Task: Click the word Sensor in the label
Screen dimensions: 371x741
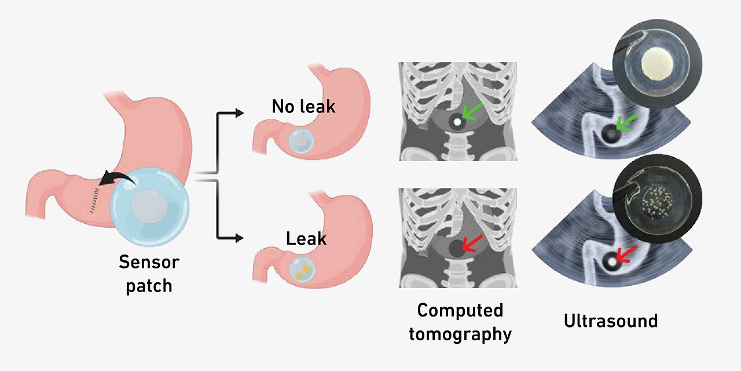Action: tap(149, 262)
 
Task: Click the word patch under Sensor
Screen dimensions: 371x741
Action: tap(149, 286)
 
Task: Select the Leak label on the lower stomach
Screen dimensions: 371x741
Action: tap(306, 238)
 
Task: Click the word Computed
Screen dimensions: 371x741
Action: tap(460, 310)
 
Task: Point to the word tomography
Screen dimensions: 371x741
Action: tap(460, 334)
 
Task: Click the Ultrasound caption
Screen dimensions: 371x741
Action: tap(611, 321)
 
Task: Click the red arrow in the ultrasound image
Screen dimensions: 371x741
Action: tap(625, 253)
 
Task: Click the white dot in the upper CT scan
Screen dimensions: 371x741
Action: tap(457, 122)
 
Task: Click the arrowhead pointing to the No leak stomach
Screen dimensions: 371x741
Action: tap(239, 113)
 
